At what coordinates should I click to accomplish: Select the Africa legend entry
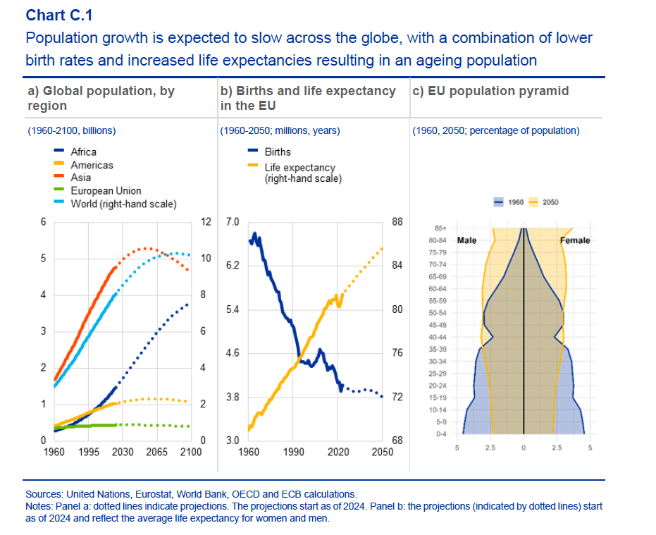(83, 152)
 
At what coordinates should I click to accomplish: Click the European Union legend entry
(106, 190)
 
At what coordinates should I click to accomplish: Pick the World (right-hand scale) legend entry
(123, 204)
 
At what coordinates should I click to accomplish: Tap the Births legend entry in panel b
(277, 152)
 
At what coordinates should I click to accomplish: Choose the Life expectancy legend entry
(299, 168)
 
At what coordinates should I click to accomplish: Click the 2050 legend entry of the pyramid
(550, 202)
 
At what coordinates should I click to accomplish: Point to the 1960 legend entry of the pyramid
(516, 202)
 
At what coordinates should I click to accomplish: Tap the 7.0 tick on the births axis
(233, 222)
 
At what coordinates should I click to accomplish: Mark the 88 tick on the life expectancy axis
(397, 222)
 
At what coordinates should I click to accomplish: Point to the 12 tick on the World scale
(206, 222)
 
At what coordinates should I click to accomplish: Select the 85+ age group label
(437, 228)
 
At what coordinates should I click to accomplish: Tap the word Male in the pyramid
(467, 240)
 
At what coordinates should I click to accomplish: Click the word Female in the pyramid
(575, 240)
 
